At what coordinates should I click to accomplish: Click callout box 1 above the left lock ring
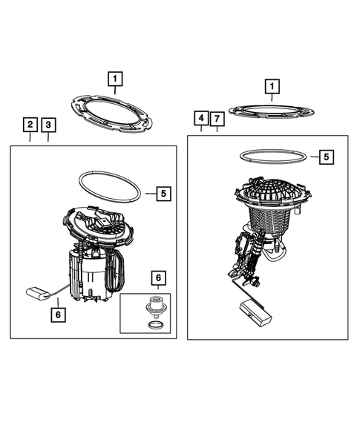(x=115, y=79)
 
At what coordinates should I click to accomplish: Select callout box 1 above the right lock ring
(x=272, y=86)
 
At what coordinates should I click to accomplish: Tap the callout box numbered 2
(x=30, y=125)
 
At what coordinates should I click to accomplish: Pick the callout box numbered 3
(x=48, y=125)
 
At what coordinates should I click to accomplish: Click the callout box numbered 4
(x=201, y=118)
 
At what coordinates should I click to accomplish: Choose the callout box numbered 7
(x=217, y=119)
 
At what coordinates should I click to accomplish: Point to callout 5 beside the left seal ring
(x=164, y=194)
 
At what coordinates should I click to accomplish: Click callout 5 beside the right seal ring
(x=327, y=157)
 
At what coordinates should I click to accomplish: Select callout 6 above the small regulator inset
(x=158, y=277)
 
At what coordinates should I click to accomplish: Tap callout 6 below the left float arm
(x=58, y=315)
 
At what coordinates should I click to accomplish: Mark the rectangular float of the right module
(x=255, y=312)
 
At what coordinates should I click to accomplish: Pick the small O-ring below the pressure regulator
(x=154, y=325)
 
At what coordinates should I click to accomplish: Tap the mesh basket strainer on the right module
(x=269, y=219)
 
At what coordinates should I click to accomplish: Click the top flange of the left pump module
(x=97, y=223)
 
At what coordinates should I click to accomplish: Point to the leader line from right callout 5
(x=315, y=157)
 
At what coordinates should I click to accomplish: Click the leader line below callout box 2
(x=30, y=137)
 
